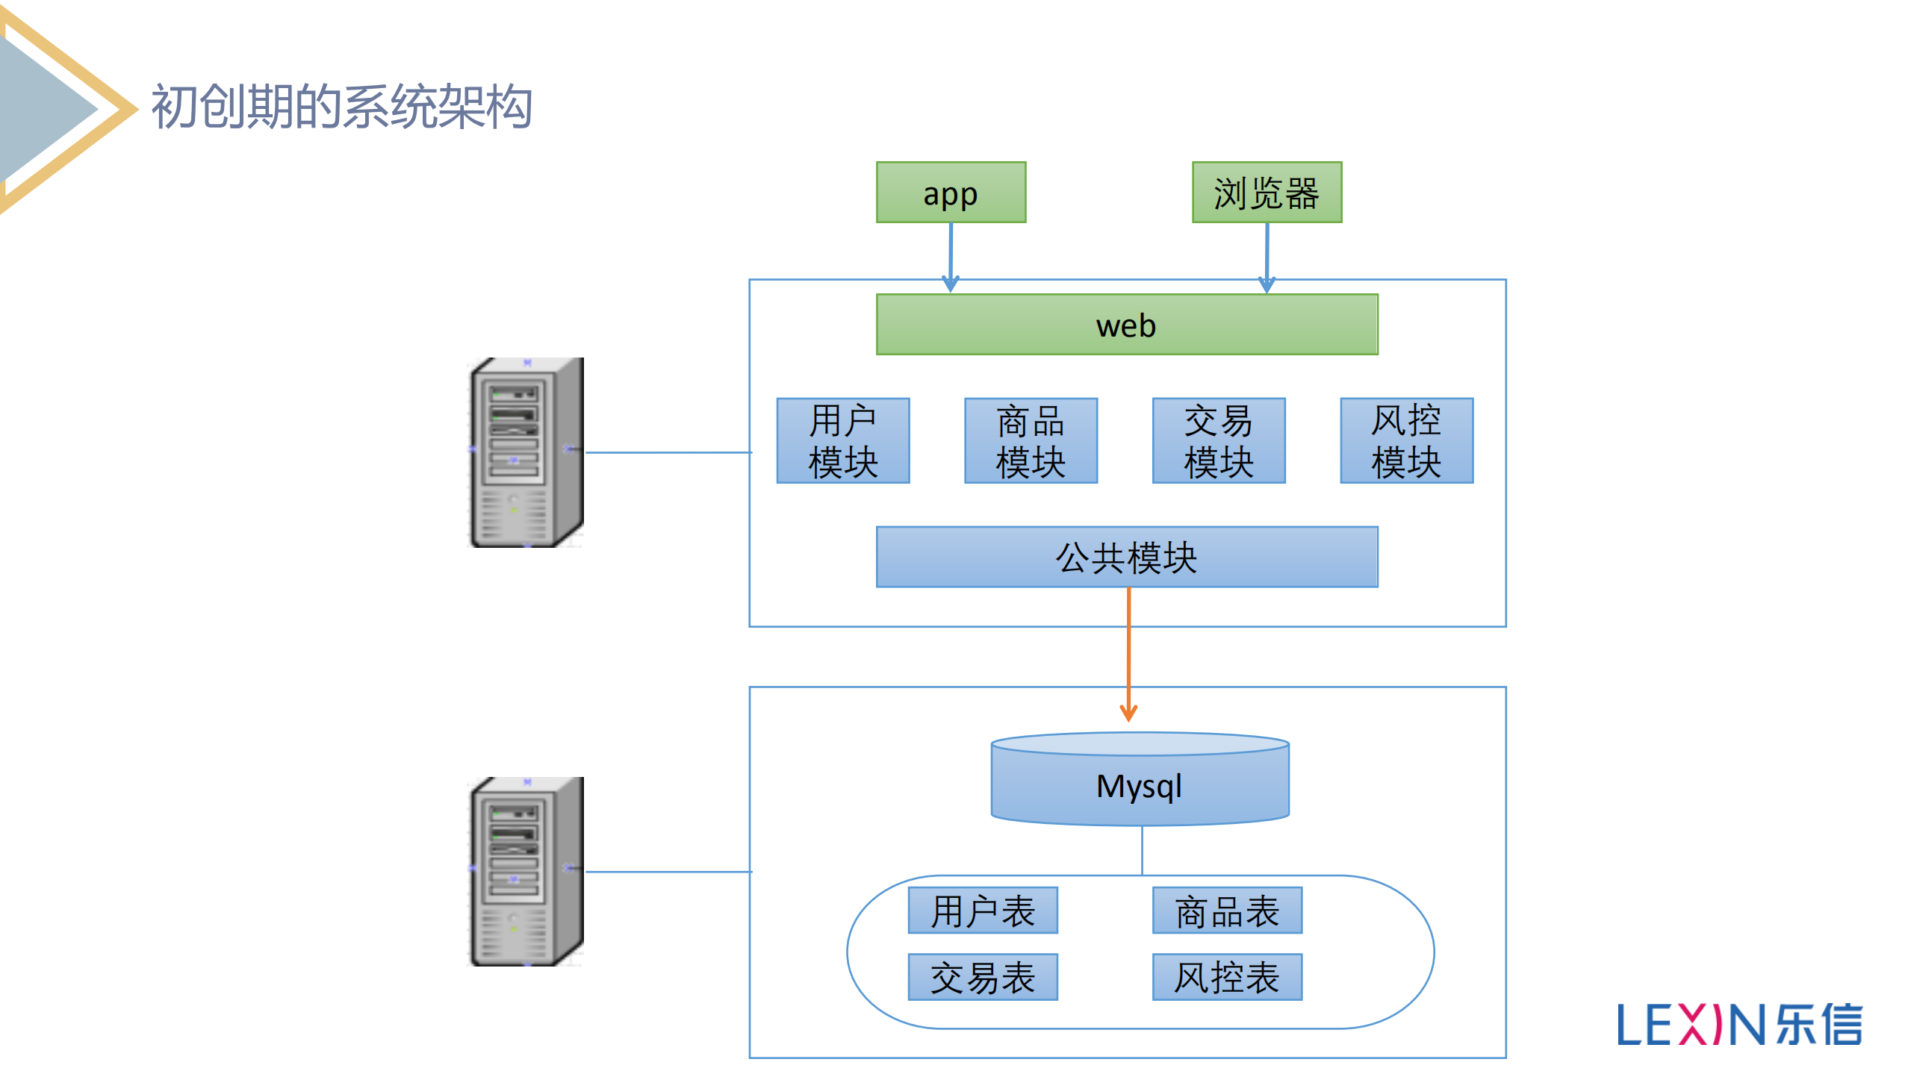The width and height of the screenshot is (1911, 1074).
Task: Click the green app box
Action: (950, 193)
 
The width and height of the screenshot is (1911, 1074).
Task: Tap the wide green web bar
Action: (1126, 325)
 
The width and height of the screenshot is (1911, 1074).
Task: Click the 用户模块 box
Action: (842, 440)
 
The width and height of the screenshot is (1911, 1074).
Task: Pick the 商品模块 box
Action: (1030, 440)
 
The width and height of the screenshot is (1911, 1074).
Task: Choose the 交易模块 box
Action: (1218, 440)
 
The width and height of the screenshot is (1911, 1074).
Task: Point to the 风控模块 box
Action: (1406, 440)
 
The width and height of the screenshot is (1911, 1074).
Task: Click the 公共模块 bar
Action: (1126, 557)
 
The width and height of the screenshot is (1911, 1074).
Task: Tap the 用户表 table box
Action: (982, 910)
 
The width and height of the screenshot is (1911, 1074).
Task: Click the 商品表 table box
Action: (1226, 910)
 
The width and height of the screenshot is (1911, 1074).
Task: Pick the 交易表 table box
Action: (982, 976)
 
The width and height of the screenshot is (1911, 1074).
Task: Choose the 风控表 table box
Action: (1226, 976)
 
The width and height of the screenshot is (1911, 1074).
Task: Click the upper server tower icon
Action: (526, 452)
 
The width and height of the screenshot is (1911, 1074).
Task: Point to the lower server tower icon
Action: (526, 871)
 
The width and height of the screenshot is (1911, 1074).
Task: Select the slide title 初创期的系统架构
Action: (341, 107)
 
